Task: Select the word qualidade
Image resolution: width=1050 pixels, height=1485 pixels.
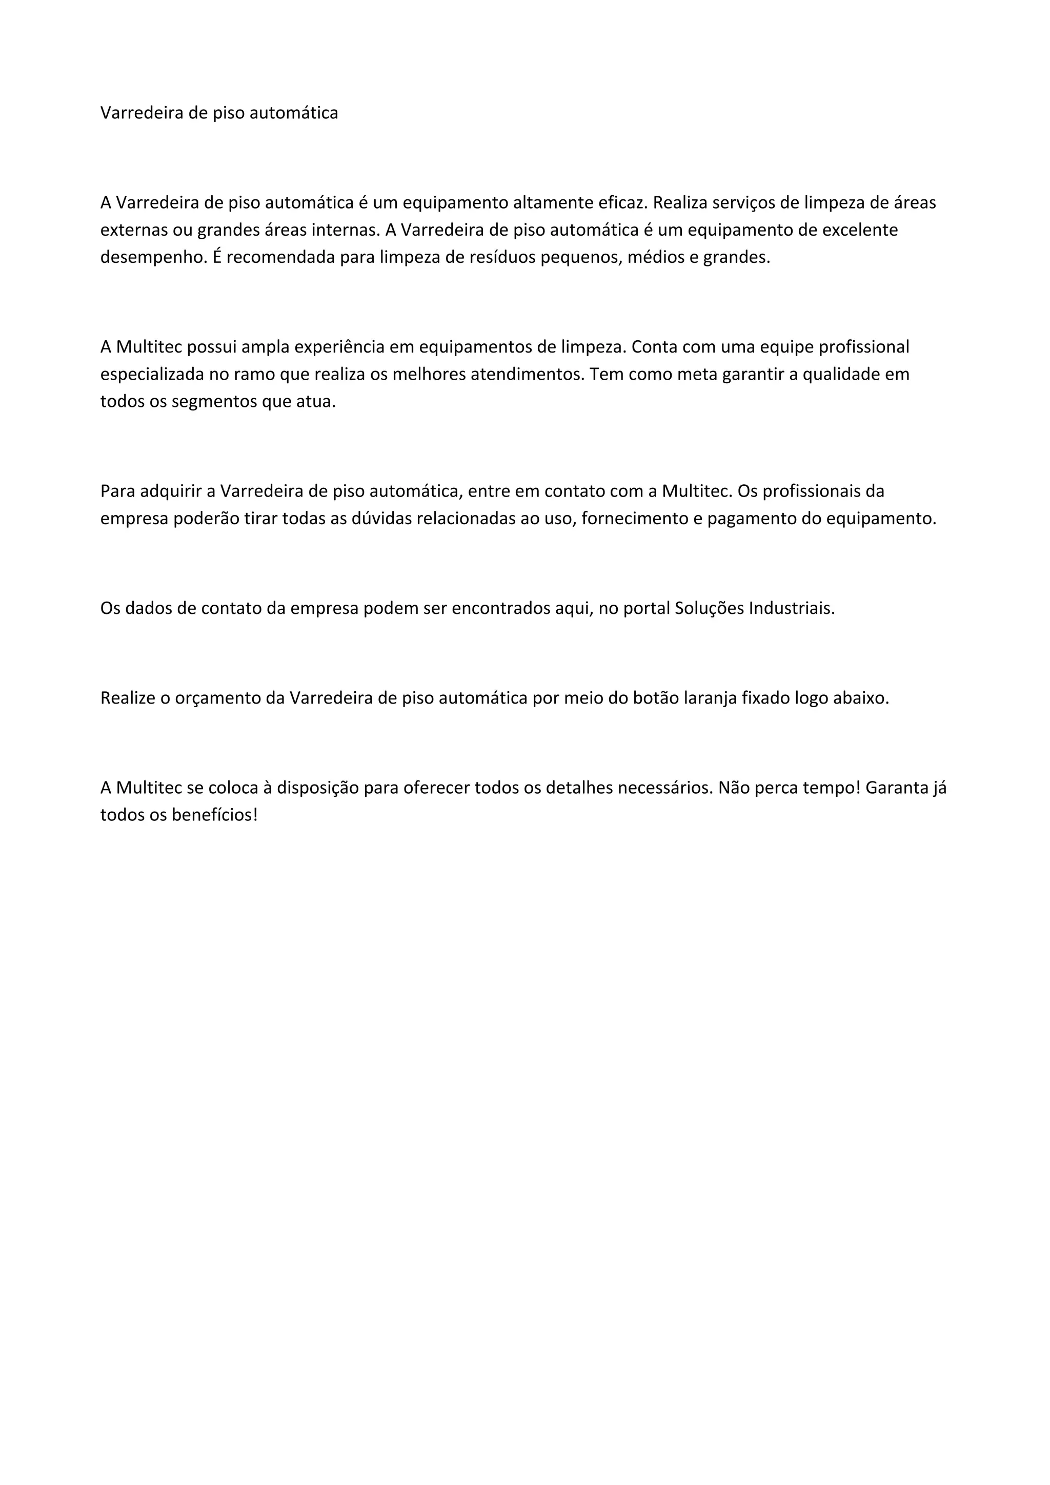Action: [843, 375]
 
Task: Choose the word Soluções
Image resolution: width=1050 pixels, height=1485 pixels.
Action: [709, 609]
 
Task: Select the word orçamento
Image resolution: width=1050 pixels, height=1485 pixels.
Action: [217, 698]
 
